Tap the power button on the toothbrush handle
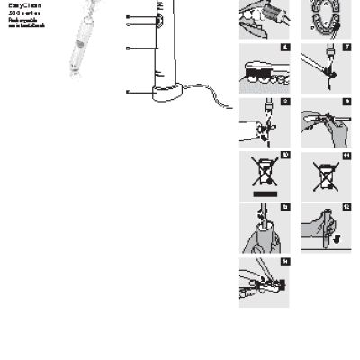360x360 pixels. coord(157,17)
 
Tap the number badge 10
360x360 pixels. coord(285,155)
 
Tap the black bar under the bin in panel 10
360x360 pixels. coord(264,192)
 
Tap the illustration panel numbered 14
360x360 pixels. coord(264,283)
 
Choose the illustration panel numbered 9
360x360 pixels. coord(325,121)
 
